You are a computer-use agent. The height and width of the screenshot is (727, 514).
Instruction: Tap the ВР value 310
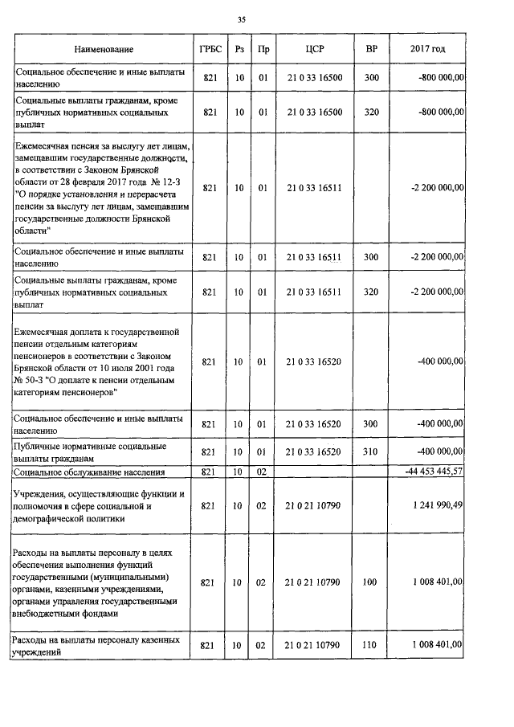point(370,452)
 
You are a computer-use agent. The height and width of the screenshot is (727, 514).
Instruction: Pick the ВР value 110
point(370,646)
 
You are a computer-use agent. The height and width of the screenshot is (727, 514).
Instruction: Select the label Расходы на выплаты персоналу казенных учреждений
point(94,646)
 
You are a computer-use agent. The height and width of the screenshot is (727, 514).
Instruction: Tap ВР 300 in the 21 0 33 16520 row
point(370,423)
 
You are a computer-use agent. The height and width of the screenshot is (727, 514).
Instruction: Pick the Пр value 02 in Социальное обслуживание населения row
point(261,472)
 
